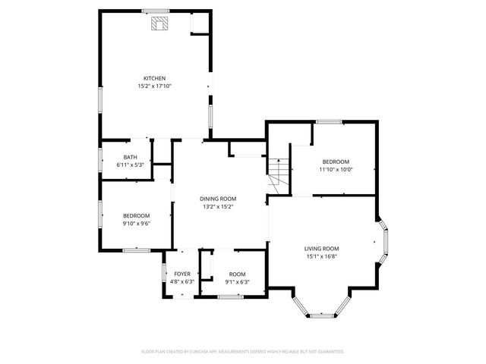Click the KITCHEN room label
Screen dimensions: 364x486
coord(155,78)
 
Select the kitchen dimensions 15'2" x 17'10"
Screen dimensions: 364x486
coord(155,86)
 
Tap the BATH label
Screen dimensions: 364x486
coord(131,157)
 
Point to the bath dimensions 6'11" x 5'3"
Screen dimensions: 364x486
coord(131,165)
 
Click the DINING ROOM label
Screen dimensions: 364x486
coord(218,199)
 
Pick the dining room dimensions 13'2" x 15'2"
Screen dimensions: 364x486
coord(218,206)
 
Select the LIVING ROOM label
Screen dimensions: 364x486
coord(321,249)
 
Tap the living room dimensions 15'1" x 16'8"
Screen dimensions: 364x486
coord(321,256)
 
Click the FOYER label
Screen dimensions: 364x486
coord(182,274)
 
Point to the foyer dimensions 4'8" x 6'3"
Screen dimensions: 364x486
coord(182,282)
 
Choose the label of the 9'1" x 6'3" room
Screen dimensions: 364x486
coord(238,274)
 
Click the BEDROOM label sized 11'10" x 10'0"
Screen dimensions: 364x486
coord(336,162)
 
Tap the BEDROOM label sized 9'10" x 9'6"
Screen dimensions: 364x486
coord(137,215)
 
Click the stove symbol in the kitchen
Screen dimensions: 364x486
coord(159,25)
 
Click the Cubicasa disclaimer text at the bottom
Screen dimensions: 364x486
coord(243,352)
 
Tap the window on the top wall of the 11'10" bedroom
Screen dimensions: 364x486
coord(329,121)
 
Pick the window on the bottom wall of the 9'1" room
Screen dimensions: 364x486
coord(230,297)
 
